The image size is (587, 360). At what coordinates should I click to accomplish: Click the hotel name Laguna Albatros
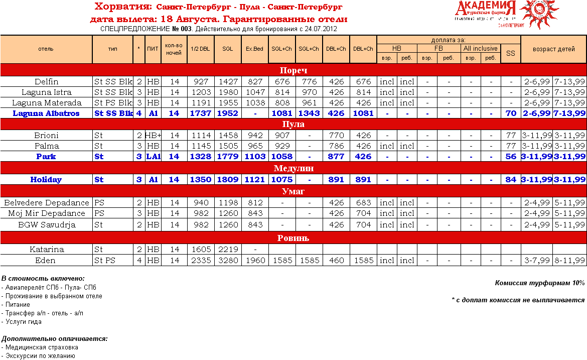[x=46, y=113]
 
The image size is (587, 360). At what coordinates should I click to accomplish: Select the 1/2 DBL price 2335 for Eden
[x=201, y=261]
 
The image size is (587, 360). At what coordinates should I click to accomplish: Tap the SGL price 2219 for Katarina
[x=228, y=250]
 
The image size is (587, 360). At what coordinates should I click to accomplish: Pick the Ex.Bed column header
[x=255, y=49]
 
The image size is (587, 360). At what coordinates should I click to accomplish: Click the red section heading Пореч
[x=293, y=70]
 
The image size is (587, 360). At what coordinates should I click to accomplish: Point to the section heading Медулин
[x=293, y=168]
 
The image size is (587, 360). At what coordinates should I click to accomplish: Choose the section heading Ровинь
[x=293, y=238]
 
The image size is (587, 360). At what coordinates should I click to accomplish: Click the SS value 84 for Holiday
[x=511, y=179]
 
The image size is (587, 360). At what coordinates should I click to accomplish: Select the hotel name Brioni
[x=46, y=136]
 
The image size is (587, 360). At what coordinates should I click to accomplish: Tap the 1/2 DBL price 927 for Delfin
[x=201, y=82]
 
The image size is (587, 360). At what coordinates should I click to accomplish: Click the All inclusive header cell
[x=480, y=49]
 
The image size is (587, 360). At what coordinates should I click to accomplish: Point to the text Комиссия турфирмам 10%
[x=540, y=283]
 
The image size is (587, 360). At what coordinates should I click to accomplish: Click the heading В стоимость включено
[x=43, y=279]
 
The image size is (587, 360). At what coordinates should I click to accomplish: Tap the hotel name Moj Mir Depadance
[x=46, y=213]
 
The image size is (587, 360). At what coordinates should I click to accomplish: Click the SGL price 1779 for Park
[x=228, y=157]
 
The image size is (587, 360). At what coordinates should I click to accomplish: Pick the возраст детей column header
[x=553, y=49]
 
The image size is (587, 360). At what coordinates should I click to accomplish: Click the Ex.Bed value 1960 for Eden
[x=255, y=261]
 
